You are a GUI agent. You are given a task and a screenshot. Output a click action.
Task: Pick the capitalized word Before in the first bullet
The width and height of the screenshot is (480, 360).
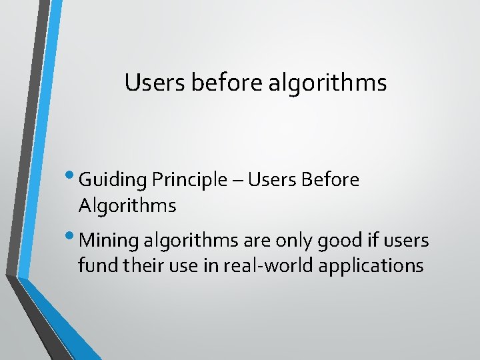[x=331, y=180]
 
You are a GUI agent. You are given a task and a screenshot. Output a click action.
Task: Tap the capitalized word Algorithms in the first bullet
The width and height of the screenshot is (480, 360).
[x=127, y=207]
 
